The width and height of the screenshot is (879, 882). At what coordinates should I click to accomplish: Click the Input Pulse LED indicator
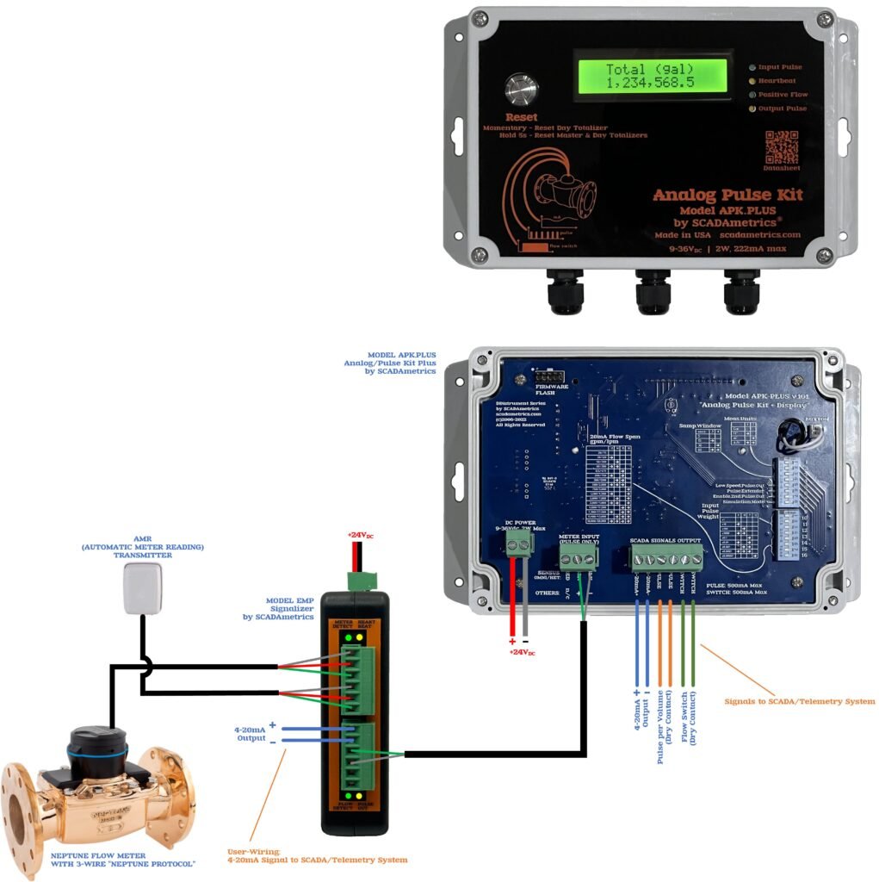pyautogui.click(x=751, y=66)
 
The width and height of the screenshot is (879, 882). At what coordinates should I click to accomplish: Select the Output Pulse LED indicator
pyautogui.click(x=751, y=109)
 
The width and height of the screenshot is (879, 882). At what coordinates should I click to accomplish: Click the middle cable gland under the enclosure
pyautogui.click(x=653, y=291)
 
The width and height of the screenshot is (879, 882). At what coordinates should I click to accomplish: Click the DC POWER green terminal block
pyautogui.click(x=518, y=541)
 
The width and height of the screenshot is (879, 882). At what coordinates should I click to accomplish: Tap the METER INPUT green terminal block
pyautogui.click(x=578, y=559)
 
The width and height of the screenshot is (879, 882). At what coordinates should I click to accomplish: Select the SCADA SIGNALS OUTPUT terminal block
pyautogui.click(x=665, y=560)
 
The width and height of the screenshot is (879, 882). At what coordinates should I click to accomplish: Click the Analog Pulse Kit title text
pyautogui.click(x=727, y=195)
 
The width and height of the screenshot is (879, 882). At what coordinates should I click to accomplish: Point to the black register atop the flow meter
pyautogui.click(x=97, y=748)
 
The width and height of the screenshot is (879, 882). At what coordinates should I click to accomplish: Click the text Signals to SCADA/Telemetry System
pyautogui.click(x=800, y=701)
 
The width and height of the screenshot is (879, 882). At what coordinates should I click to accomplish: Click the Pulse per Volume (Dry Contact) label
pyautogui.click(x=665, y=726)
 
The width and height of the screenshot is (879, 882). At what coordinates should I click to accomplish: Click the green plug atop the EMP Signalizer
pyautogui.click(x=356, y=579)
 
